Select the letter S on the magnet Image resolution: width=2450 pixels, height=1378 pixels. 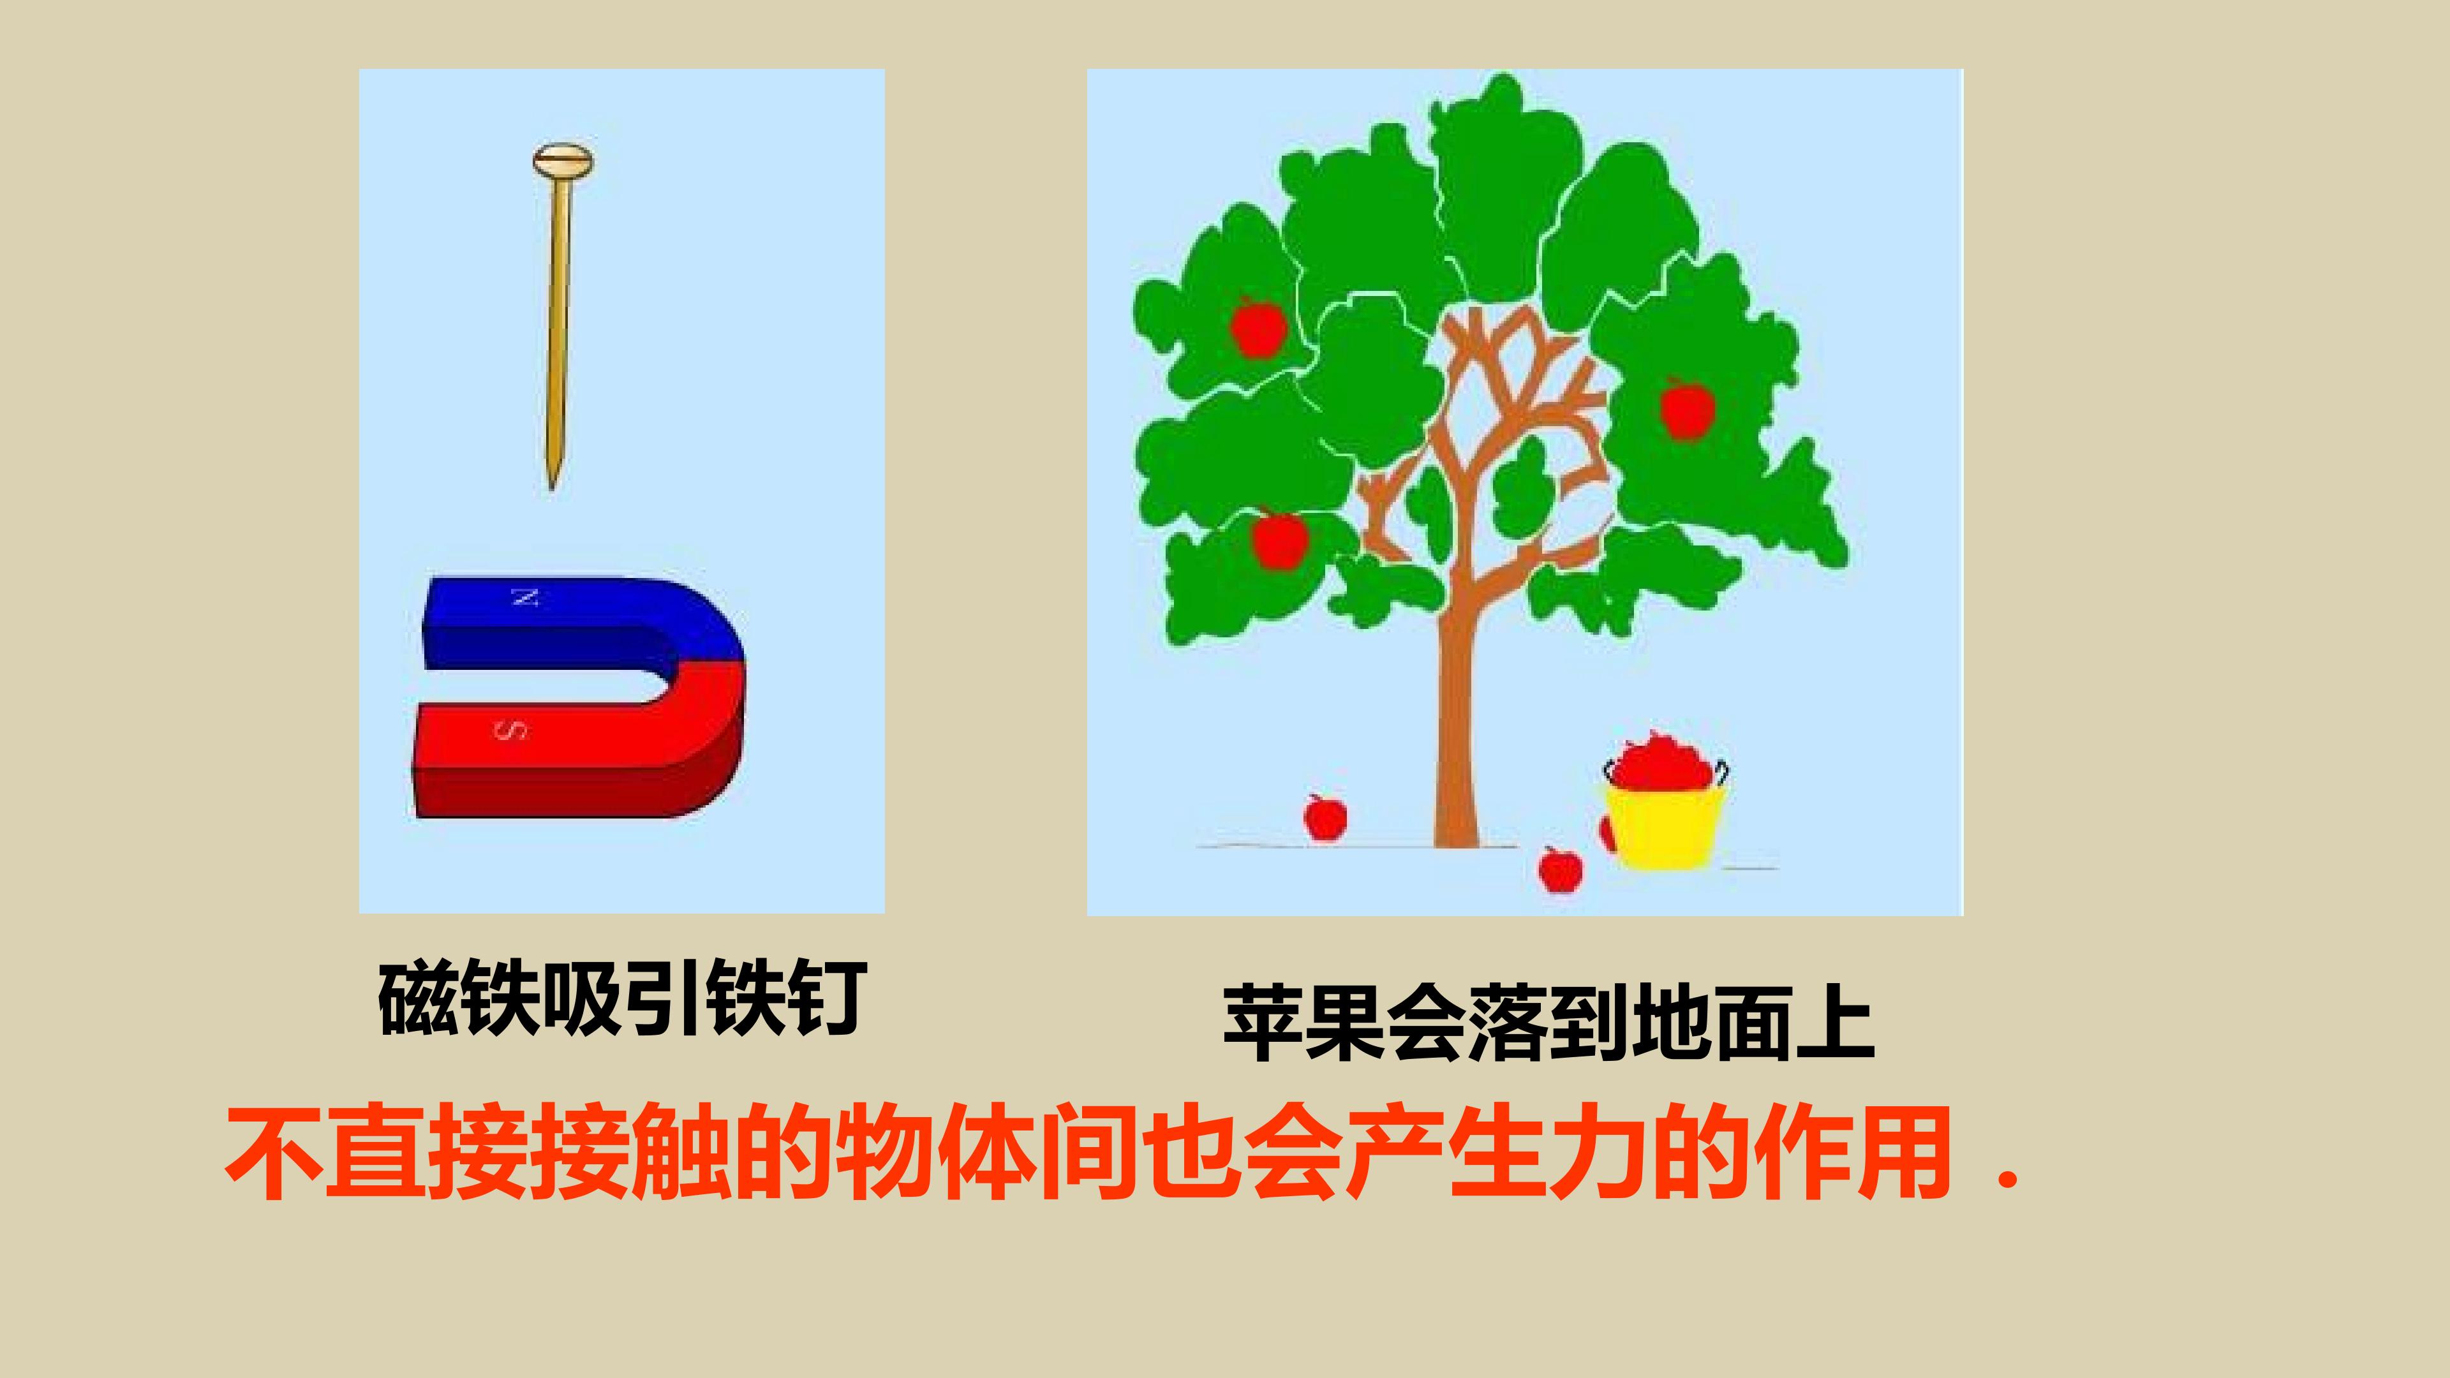pyautogui.click(x=510, y=730)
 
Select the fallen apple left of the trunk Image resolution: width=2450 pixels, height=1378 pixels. pyautogui.click(x=1325, y=816)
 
